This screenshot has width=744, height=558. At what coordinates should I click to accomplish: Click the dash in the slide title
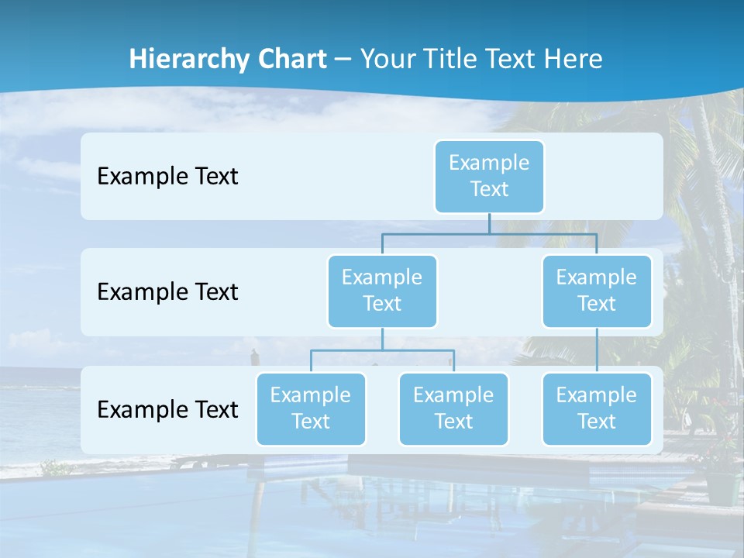click(343, 60)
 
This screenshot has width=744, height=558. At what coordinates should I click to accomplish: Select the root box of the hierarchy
click(489, 177)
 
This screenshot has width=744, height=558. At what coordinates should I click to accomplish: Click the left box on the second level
click(382, 291)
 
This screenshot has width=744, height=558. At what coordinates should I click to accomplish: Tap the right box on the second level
click(597, 291)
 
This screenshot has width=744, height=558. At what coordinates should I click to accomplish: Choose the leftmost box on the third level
click(311, 409)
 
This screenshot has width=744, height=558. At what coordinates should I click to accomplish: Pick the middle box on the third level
click(453, 409)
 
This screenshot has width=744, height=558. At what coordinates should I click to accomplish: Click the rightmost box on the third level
click(597, 409)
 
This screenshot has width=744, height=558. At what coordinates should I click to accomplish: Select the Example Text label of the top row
click(167, 177)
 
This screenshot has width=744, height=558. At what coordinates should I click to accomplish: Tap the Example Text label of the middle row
click(167, 292)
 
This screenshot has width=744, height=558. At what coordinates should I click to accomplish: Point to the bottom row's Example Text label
click(167, 409)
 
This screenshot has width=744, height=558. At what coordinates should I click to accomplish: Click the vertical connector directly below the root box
click(489, 223)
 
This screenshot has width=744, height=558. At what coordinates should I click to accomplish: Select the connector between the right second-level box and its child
click(597, 350)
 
